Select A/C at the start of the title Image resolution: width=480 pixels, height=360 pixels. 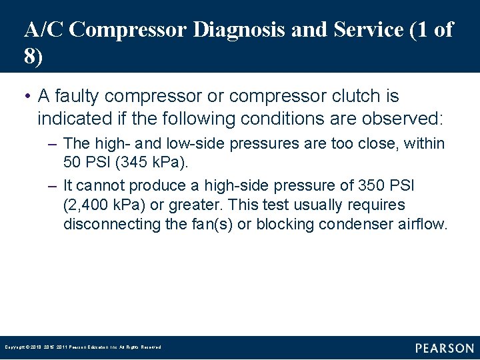(x=43, y=30)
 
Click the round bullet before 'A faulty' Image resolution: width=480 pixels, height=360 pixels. (x=27, y=97)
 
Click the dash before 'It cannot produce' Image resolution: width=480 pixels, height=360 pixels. (x=54, y=185)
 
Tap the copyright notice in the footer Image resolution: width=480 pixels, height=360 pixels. (x=83, y=347)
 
